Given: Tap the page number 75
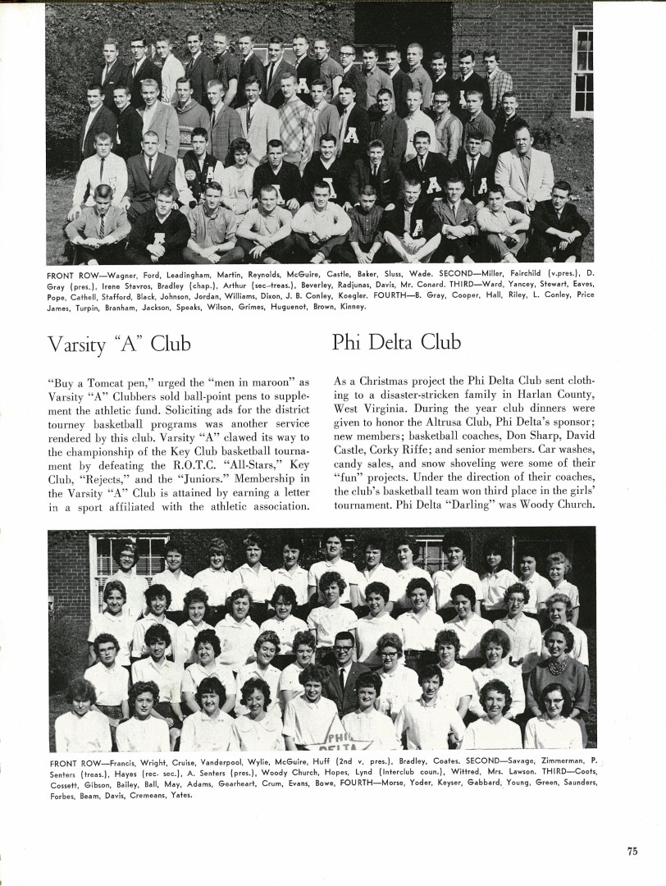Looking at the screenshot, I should coord(632,851).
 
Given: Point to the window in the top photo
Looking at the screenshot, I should coord(582,72).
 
